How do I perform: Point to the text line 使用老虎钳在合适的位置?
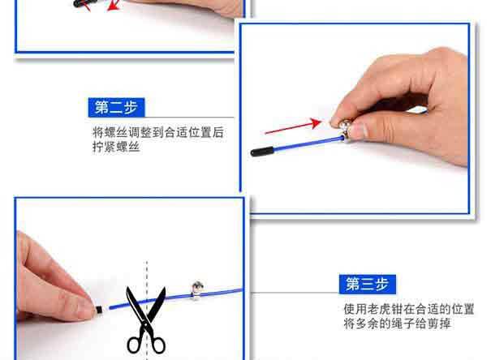(x=408, y=309)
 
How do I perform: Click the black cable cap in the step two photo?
(x=262, y=151)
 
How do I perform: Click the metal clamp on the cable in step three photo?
(x=196, y=289)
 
